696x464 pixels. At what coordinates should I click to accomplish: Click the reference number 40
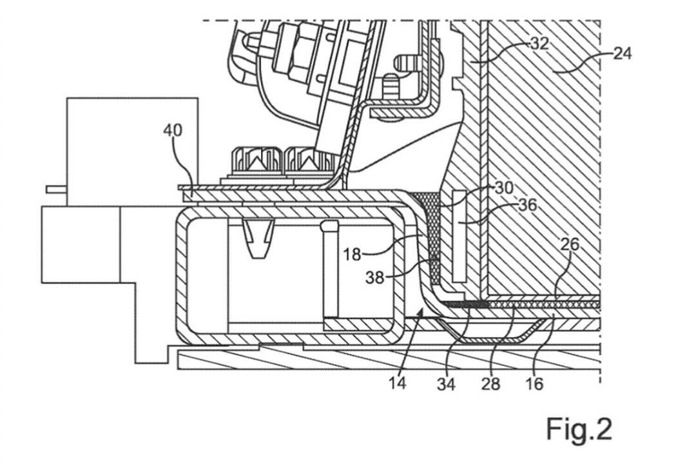173,130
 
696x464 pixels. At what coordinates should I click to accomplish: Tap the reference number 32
540,44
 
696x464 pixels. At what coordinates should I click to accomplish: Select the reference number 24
623,53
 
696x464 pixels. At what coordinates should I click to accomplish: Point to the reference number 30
504,188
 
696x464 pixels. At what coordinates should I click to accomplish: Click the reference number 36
528,205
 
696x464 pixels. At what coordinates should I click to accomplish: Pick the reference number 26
570,244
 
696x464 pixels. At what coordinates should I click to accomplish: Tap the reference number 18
352,255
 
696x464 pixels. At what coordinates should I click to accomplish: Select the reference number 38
374,278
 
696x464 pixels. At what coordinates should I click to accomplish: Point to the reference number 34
446,384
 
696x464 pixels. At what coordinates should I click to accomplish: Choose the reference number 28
490,383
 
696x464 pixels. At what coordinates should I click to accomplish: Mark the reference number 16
534,383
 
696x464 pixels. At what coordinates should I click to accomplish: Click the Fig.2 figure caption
579,429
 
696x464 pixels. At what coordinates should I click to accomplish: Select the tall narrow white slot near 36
459,236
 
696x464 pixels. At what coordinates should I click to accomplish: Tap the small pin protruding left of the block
56,189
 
